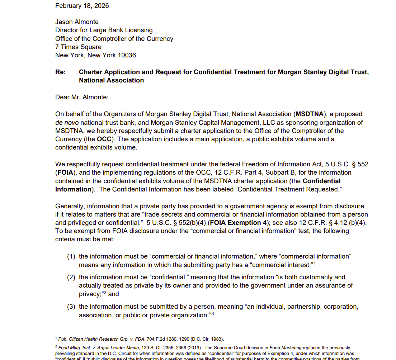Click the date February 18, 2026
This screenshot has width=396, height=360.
click(x=82, y=6)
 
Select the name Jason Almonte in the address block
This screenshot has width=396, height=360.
click(x=77, y=22)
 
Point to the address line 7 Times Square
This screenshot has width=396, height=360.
click(x=78, y=47)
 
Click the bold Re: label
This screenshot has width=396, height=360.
click(x=60, y=72)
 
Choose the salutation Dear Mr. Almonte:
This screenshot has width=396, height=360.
click(x=81, y=97)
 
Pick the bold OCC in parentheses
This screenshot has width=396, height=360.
click(x=104, y=139)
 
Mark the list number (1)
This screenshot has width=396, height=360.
click(x=71, y=256)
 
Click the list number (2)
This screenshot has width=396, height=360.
click(x=71, y=277)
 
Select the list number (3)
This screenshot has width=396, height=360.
click(x=71, y=307)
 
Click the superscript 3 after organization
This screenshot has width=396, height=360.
click(x=213, y=314)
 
